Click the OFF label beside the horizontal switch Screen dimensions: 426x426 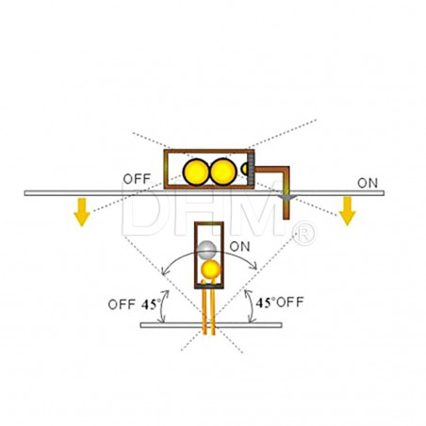click(137, 179)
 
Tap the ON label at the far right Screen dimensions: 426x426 click(368, 183)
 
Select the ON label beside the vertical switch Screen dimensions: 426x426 click(239, 247)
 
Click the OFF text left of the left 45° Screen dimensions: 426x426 click(122, 304)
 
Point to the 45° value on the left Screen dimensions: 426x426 click(151, 304)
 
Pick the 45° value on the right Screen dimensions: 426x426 click(266, 303)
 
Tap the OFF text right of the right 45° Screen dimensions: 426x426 click(290, 303)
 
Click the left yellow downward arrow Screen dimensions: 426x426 click(82, 212)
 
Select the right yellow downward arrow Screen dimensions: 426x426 click(348, 211)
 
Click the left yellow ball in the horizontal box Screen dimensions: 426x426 click(196, 172)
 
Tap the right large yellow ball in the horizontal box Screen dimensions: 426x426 click(223, 172)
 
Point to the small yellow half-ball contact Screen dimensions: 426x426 click(244, 170)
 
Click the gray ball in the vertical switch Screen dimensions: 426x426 click(206, 250)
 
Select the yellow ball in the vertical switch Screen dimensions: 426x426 click(210, 270)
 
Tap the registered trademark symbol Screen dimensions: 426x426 click(303, 234)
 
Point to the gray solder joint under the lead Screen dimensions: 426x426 click(286, 197)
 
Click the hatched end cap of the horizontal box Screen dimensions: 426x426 click(251, 170)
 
